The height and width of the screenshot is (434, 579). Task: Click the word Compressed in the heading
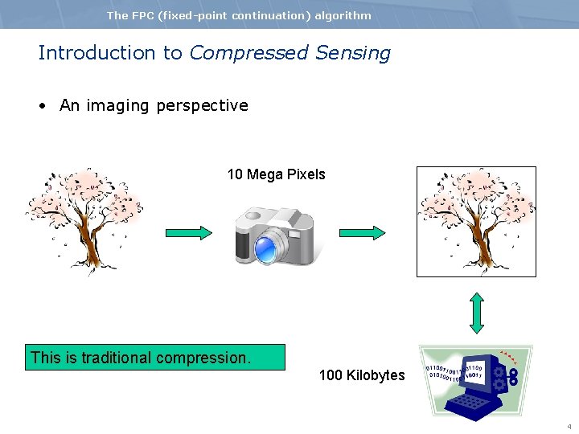(x=248, y=53)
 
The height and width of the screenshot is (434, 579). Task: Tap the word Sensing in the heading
(x=353, y=53)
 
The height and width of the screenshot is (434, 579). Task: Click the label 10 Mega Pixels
(x=276, y=174)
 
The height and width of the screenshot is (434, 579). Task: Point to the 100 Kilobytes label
(x=362, y=375)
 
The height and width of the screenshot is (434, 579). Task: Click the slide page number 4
(x=569, y=426)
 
